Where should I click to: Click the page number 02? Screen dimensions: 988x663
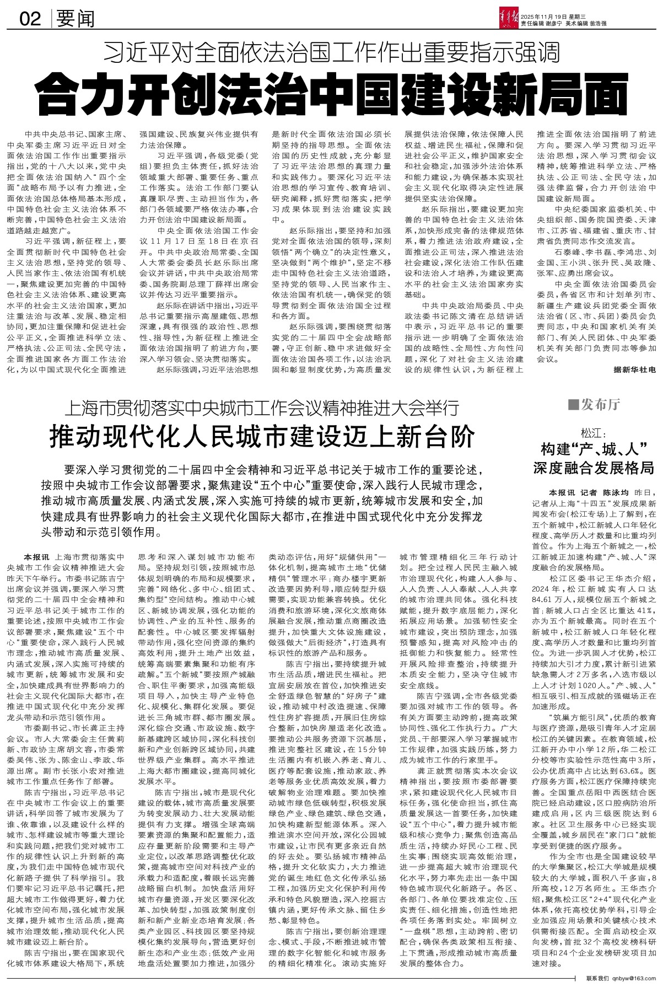point(30,19)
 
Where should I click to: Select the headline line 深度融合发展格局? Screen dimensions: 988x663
point(592,468)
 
